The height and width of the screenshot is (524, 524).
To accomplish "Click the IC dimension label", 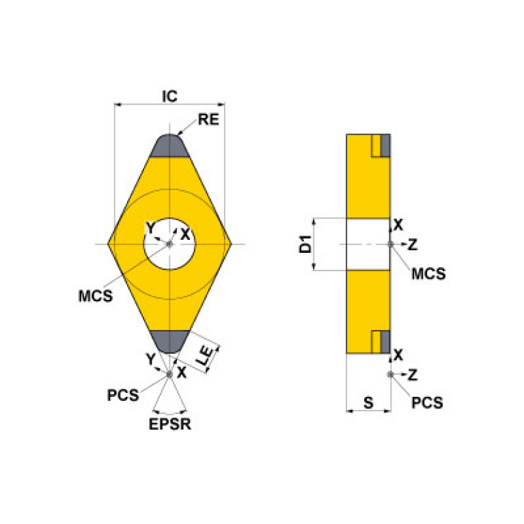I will click(x=169, y=96).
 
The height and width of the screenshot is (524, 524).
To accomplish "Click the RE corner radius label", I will click(x=208, y=120).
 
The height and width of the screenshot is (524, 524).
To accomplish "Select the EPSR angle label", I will click(x=169, y=424).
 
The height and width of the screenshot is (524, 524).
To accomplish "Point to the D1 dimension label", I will click(x=305, y=245).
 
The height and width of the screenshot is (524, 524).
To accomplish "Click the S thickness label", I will click(x=368, y=402).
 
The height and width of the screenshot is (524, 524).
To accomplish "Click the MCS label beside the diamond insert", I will click(x=96, y=297).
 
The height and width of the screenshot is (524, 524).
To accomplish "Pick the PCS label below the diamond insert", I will click(x=123, y=395).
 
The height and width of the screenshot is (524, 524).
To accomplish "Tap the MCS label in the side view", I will click(x=428, y=274).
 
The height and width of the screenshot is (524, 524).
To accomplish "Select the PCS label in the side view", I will click(x=427, y=403).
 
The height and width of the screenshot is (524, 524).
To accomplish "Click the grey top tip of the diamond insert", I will click(x=169, y=146).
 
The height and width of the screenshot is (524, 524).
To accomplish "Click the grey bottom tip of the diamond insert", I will click(x=169, y=341).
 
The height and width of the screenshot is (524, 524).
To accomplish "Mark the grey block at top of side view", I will click(x=385, y=145).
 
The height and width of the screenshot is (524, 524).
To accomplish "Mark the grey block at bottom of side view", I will click(x=385, y=341).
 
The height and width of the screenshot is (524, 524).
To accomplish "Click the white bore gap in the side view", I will click(x=368, y=245).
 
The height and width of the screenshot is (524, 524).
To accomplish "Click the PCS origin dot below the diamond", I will click(x=169, y=374).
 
